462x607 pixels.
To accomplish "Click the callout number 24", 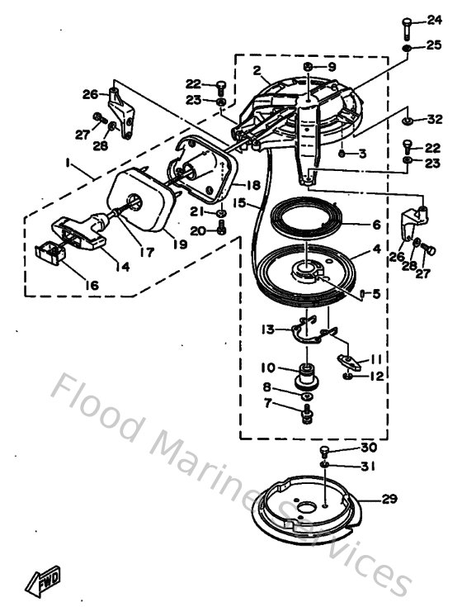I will (x=434, y=20).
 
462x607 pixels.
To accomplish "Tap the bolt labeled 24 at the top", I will (x=408, y=26).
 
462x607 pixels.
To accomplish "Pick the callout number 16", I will (x=91, y=285).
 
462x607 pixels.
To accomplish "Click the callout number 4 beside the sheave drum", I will (x=375, y=248).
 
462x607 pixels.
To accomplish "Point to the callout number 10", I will (x=269, y=367).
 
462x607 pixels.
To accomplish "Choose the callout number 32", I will (x=434, y=120).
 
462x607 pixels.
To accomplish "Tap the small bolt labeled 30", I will (x=325, y=451).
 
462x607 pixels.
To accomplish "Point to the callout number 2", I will (x=257, y=70).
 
